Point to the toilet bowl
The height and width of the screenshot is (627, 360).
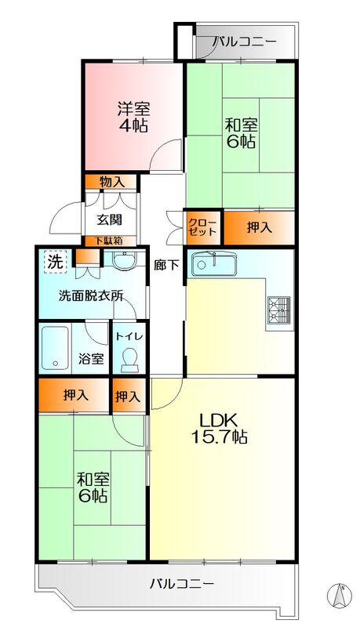pyautogui.click(x=129, y=360)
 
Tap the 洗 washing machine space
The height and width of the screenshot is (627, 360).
pyautogui.click(x=53, y=260)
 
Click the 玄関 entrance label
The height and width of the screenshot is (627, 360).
pyautogui.click(x=109, y=219)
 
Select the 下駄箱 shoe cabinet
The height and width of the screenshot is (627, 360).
pyautogui.click(x=109, y=241)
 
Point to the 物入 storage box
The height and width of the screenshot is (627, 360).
pyautogui.click(x=111, y=182)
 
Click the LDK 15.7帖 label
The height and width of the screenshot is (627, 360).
pyautogui.click(x=222, y=427)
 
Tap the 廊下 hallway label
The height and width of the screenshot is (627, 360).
pyautogui.click(x=167, y=264)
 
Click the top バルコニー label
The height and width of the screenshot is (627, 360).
pyautogui.click(x=244, y=41)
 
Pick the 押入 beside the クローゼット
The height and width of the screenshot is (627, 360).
pyautogui.click(x=260, y=227)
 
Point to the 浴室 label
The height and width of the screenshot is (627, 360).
pyautogui.click(x=91, y=359)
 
